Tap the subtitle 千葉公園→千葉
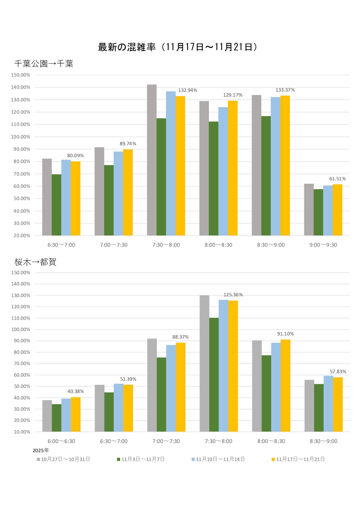[x=44, y=64]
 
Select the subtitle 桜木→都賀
[x=35, y=262]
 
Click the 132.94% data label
[x=187, y=91]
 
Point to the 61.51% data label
[x=337, y=179]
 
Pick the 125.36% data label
[x=233, y=295]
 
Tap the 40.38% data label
[x=76, y=392]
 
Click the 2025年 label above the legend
[x=41, y=450]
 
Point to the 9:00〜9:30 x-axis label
[x=323, y=245]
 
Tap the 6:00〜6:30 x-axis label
[x=61, y=441]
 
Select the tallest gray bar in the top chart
[x=152, y=160]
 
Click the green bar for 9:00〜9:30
[x=318, y=212]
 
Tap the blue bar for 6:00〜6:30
[x=66, y=415]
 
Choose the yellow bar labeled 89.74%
[x=128, y=192]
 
